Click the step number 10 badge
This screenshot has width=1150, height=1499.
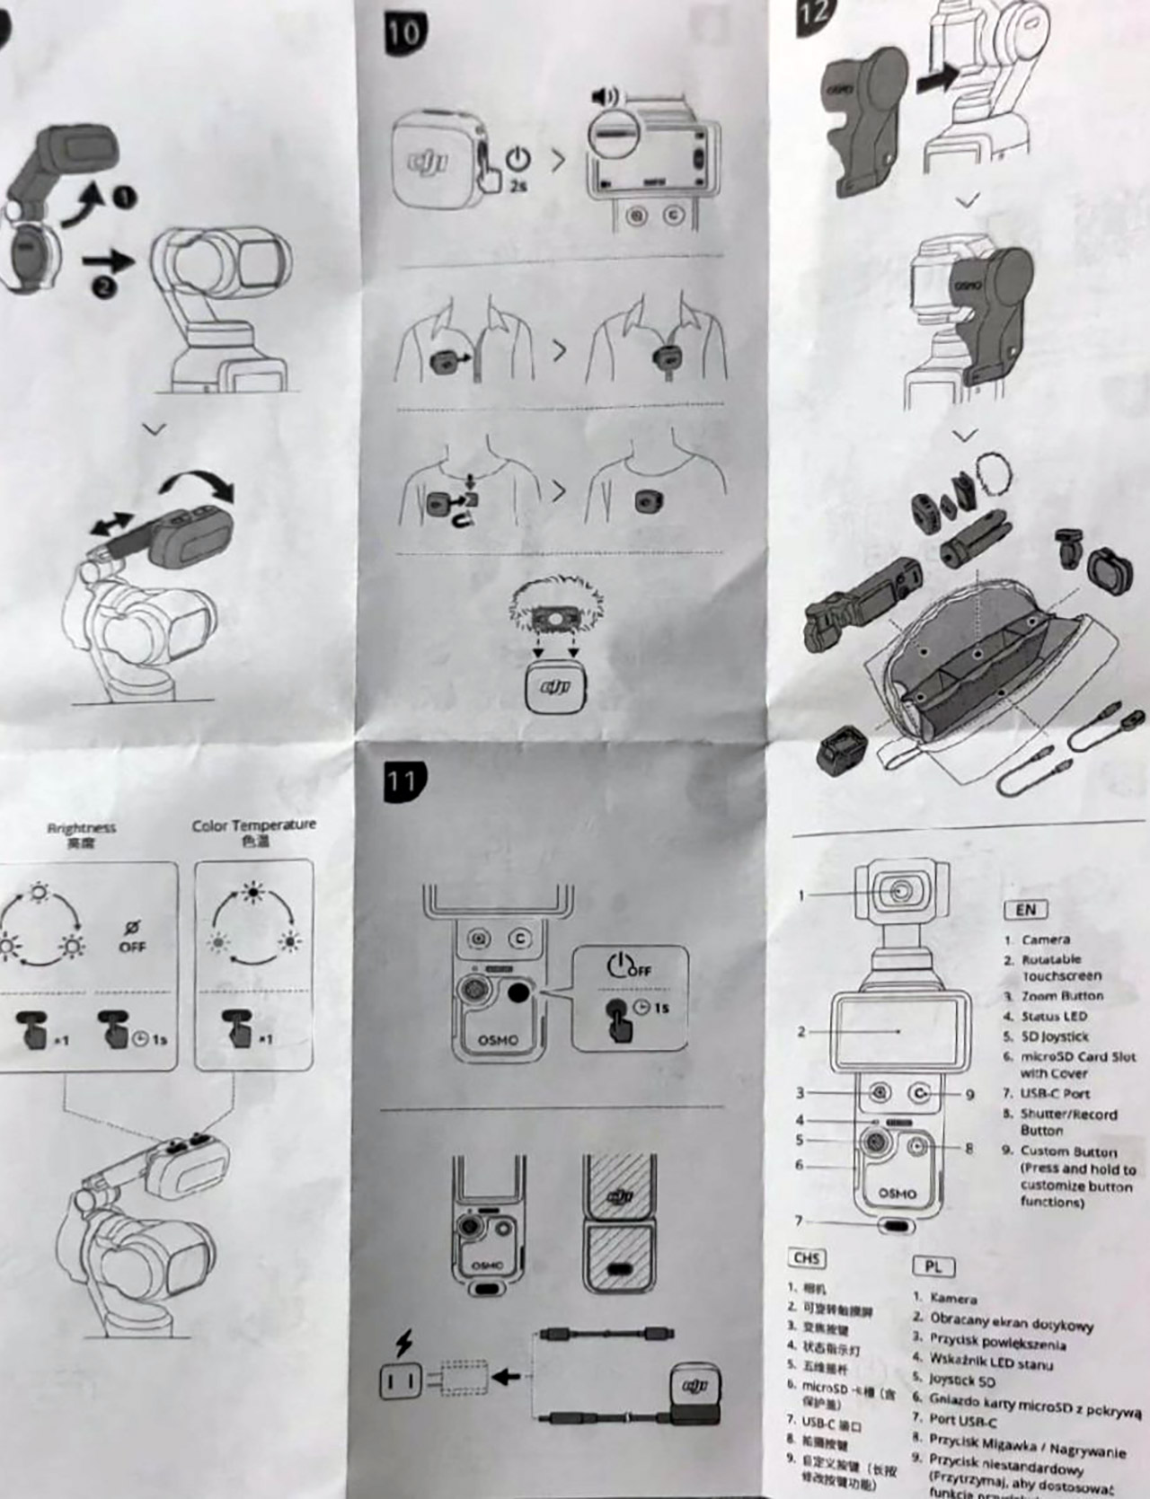pos(404,32)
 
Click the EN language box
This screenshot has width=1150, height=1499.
pos(1025,910)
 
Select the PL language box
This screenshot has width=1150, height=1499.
pos(933,1266)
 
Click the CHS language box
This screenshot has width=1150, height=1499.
pos(807,1258)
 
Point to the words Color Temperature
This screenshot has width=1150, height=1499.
pos(254,824)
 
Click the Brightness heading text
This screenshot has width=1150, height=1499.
pos(82,828)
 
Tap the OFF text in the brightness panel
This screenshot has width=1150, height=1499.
pos(132,947)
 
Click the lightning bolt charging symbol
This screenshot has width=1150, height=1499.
pos(404,1343)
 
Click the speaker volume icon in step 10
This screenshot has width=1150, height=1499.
pos(604,96)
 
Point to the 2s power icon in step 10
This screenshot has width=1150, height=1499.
pos(517,167)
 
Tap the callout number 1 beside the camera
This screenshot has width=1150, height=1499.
pos(801,895)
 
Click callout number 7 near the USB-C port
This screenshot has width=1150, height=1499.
pos(798,1221)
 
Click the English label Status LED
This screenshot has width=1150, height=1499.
pos(1054,1017)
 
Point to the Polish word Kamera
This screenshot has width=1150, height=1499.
pos(953,1299)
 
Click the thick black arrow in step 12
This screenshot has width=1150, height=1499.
pos(939,80)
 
